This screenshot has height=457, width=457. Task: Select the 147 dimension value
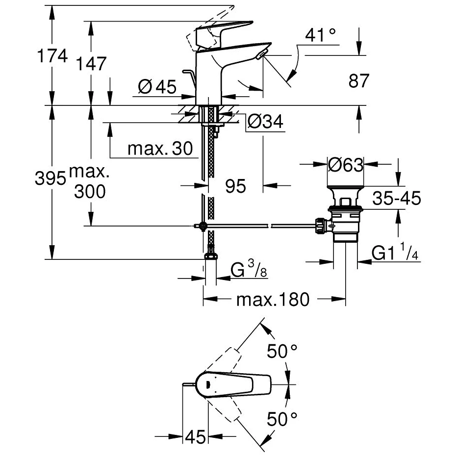(x=92, y=63)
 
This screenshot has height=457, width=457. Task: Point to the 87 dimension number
(x=358, y=81)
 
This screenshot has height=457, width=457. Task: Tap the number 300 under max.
(x=90, y=192)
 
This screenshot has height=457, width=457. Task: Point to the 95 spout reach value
(x=235, y=186)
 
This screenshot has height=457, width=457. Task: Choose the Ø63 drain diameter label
(x=345, y=165)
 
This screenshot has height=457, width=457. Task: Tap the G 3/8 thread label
(x=249, y=270)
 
